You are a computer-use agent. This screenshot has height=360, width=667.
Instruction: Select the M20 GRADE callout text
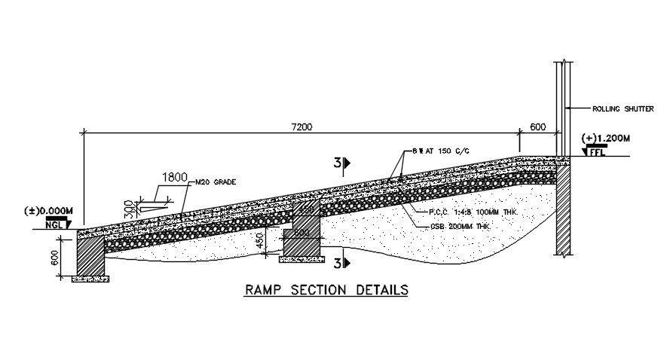(215, 183)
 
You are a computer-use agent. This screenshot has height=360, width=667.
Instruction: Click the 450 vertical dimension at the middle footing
(260, 239)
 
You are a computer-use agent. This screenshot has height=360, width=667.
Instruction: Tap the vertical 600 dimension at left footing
(54, 258)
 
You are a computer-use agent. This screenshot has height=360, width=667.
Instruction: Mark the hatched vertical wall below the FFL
(563, 211)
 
